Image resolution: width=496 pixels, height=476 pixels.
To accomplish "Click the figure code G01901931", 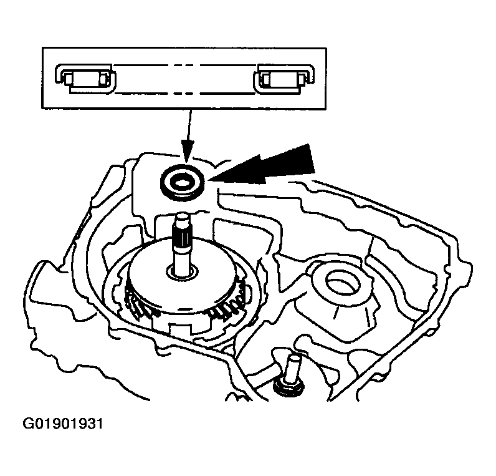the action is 63,424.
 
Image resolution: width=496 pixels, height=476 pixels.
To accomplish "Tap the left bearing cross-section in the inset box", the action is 86,79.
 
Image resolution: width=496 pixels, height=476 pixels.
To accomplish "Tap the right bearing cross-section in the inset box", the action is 284,79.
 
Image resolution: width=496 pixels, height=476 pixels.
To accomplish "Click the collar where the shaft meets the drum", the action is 182,273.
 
